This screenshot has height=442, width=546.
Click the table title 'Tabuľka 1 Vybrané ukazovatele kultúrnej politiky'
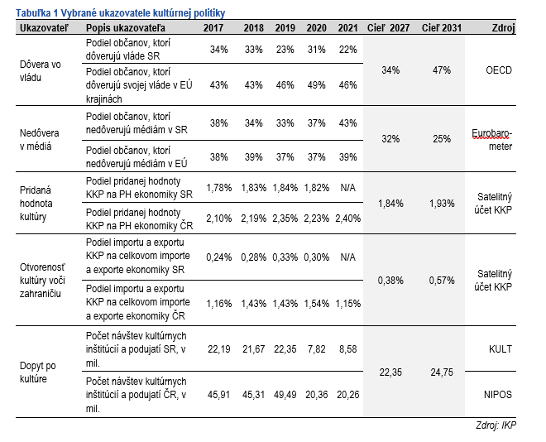tap(121, 13)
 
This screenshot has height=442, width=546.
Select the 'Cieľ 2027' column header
tap(388, 28)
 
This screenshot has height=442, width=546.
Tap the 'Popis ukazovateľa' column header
tap(126, 28)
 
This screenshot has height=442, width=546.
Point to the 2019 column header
tap(285, 28)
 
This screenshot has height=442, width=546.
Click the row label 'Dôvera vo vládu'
tap(40, 71)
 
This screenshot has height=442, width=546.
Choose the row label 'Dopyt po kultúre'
tap(37, 372)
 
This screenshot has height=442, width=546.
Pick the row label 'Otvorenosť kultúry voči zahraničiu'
tap(42, 281)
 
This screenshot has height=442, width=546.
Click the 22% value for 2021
tap(347, 50)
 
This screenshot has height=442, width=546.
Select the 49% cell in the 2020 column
tap(316, 85)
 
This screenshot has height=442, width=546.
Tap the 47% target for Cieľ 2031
tap(442, 70)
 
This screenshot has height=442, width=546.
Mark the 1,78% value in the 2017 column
tap(218, 188)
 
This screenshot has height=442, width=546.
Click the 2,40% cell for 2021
tap(347, 219)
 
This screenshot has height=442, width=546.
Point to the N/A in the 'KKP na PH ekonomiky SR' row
tap(347, 188)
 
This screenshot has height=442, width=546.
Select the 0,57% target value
tap(442, 281)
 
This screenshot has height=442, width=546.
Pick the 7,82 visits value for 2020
tap(316, 349)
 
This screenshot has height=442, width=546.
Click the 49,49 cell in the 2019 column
tap(285, 395)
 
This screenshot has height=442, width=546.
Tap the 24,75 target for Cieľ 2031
tap(442, 372)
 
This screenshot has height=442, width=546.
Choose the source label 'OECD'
tap(499, 70)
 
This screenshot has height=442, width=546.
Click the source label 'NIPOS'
tap(497, 395)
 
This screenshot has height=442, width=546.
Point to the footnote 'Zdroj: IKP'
tap(496, 425)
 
